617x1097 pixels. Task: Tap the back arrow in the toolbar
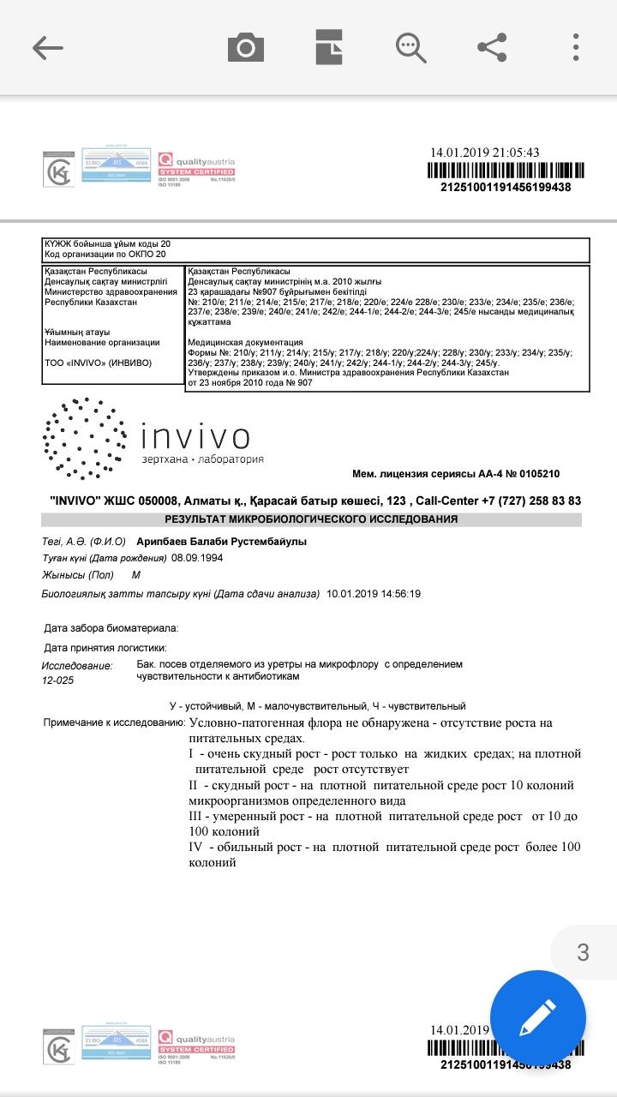[48, 48]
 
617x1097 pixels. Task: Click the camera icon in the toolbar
[246, 48]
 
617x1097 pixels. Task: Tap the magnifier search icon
[411, 48]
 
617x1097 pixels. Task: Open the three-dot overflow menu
[576, 48]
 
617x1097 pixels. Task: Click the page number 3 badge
[584, 952]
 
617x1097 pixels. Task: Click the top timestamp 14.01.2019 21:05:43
[485, 153]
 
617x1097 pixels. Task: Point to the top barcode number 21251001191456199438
[505, 187]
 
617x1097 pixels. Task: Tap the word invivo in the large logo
[195, 437]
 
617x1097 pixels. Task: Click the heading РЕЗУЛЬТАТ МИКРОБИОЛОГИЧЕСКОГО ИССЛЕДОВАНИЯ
[311, 519]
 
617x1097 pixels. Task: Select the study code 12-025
[57, 680]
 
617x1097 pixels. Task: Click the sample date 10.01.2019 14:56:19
[374, 594]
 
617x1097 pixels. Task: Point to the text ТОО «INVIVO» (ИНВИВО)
[98, 363]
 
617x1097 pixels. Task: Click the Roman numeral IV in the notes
[195, 848]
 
